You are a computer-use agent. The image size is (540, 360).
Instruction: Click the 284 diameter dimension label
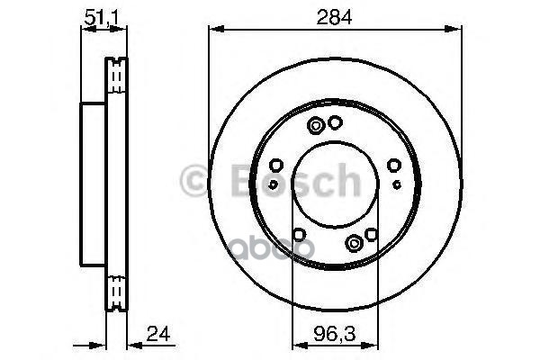click(334, 17)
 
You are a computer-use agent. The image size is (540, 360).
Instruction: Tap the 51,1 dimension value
click(101, 17)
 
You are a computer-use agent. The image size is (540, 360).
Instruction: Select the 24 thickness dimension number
click(158, 334)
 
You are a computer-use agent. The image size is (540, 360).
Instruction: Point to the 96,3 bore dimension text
click(334, 334)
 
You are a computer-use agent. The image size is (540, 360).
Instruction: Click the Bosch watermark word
click(295, 180)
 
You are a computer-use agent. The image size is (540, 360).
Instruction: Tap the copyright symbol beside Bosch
click(194, 181)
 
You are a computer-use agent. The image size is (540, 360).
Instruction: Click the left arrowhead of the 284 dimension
click(217, 29)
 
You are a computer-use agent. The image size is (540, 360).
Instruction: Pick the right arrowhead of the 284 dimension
click(453, 29)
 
